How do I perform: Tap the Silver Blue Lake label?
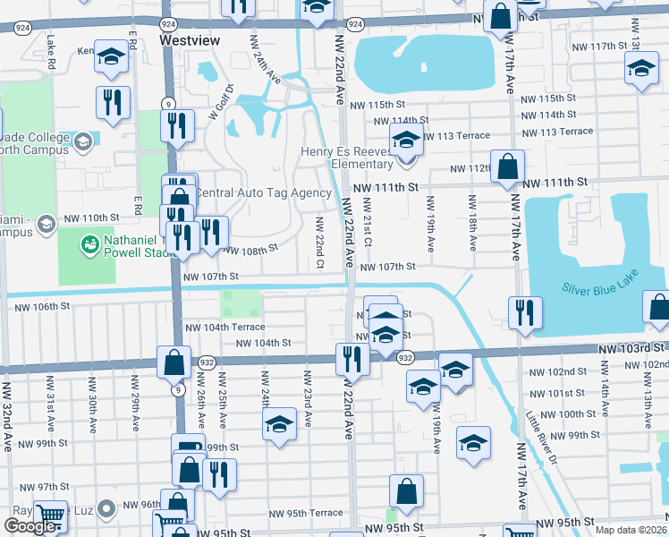597,288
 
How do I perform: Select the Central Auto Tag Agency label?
263,193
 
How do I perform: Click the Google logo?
30,527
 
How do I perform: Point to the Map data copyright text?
631,530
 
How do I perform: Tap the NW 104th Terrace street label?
224,328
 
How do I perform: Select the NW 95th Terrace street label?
306,514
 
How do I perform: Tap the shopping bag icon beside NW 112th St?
507,166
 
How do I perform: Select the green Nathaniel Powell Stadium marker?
89,243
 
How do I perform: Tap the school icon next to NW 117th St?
641,69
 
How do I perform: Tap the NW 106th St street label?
41,307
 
